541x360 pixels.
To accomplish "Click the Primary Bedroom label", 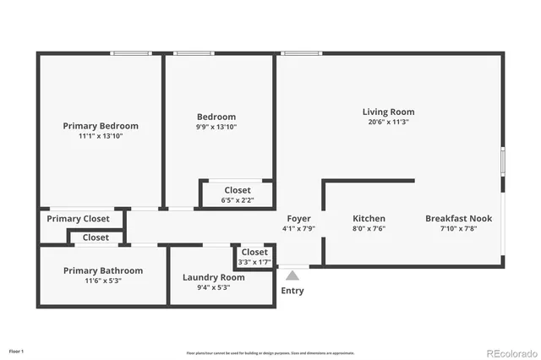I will pyautogui.click(x=101, y=126).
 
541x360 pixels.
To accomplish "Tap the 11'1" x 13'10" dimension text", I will pyautogui.click(x=101, y=136).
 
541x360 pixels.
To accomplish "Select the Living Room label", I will pyautogui.click(x=388, y=112).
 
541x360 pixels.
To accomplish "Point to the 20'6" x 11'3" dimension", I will pyautogui.click(x=388, y=122).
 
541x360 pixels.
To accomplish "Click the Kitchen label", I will pyautogui.click(x=369, y=218).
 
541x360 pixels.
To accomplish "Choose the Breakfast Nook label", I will pyautogui.click(x=458, y=218).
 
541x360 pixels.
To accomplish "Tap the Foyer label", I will pyautogui.click(x=298, y=219).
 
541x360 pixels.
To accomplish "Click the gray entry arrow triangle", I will pyautogui.click(x=292, y=275).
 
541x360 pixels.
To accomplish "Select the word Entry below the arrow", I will pyautogui.click(x=292, y=291).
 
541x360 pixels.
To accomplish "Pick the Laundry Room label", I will pyautogui.click(x=214, y=277).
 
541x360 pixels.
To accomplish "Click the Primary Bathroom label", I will pyautogui.click(x=103, y=270).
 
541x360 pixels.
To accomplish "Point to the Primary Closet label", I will pyautogui.click(x=78, y=219).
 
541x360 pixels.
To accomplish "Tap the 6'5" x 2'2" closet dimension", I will pyautogui.click(x=237, y=200).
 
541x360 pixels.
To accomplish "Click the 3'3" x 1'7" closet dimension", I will pyautogui.click(x=254, y=262).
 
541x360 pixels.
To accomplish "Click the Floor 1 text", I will pyautogui.click(x=17, y=351).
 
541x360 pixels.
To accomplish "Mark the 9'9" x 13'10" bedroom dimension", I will pyautogui.click(x=216, y=127).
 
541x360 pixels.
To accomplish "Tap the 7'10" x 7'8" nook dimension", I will pyautogui.click(x=458, y=228).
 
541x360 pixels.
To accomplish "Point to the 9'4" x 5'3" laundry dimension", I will pyautogui.click(x=213, y=287).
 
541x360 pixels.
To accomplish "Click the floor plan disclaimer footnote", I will pyautogui.click(x=270, y=353).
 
